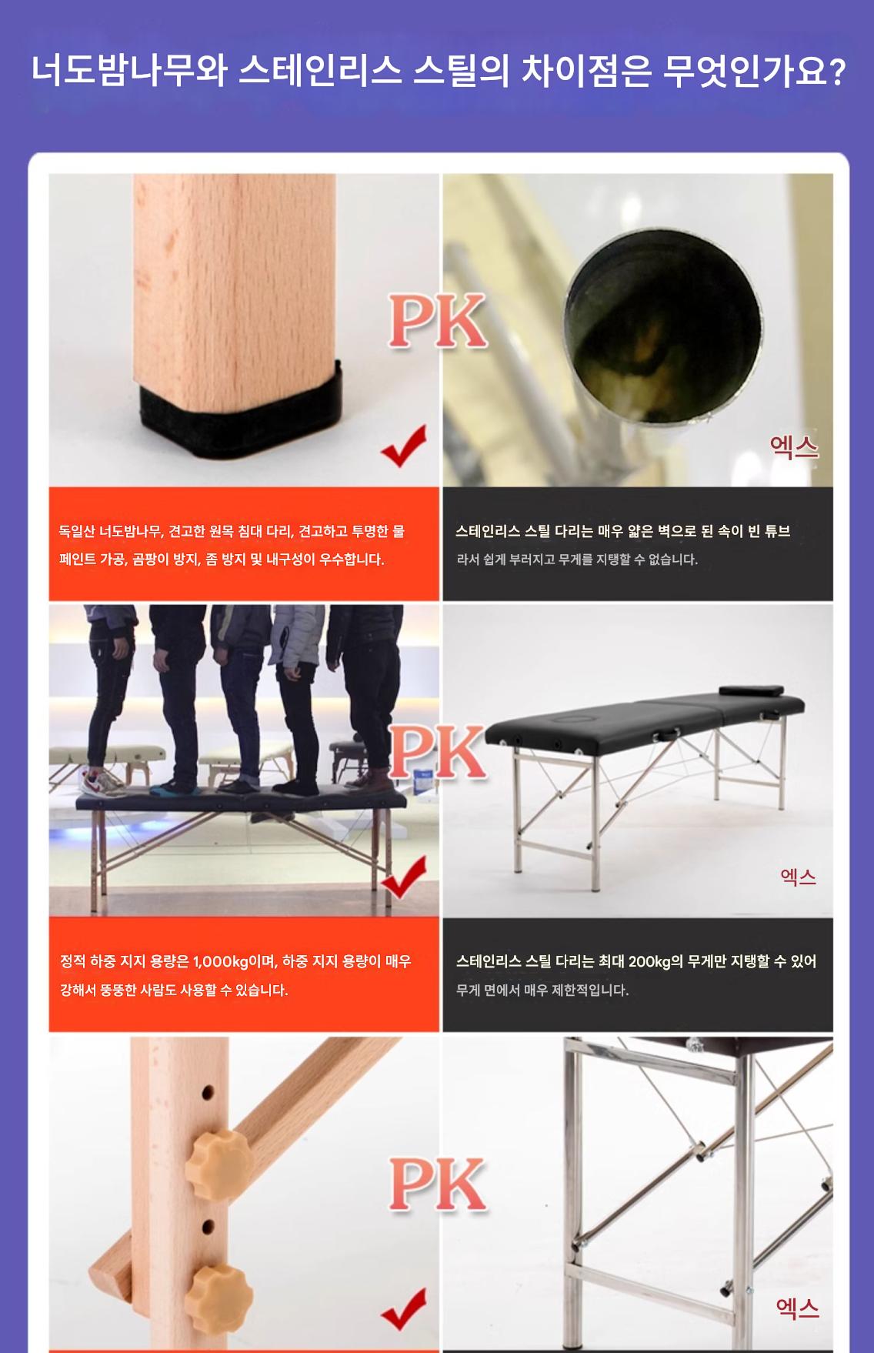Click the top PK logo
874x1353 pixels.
[x=438, y=321]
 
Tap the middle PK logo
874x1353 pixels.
[x=438, y=753]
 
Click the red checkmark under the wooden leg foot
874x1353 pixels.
[x=404, y=447]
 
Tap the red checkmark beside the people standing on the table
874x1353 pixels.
[x=404, y=878]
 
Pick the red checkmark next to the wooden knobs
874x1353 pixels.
[x=404, y=1310]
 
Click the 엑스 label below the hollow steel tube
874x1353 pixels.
[x=795, y=446]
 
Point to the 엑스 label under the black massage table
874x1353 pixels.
[x=798, y=877]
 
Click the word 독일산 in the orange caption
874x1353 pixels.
[x=78, y=531]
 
